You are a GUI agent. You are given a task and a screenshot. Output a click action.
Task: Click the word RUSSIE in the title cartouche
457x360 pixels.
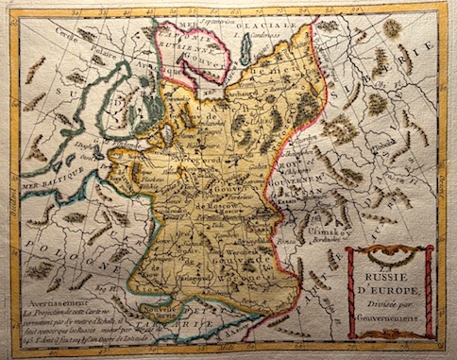[389, 277]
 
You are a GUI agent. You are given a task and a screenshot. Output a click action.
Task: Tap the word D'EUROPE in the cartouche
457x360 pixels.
[389, 290]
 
